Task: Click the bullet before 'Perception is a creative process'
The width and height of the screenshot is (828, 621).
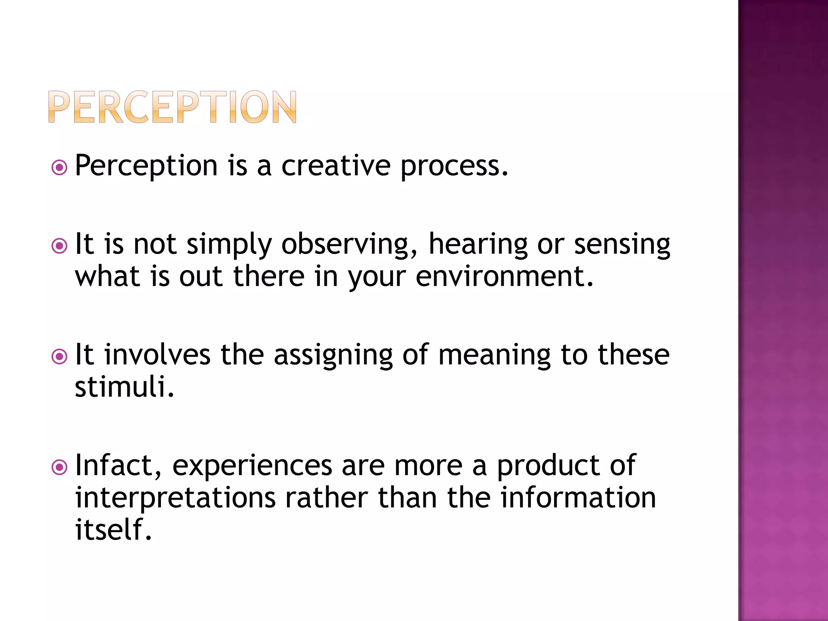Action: coord(59,167)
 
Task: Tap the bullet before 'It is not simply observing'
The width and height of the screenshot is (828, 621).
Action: coord(59,245)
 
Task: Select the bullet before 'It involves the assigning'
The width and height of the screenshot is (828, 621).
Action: coord(59,356)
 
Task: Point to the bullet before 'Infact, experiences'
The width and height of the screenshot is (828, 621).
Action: coord(59,467)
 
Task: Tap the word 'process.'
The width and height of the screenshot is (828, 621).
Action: coord(454,167)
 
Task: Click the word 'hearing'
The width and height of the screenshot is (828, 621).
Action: coord(478,245)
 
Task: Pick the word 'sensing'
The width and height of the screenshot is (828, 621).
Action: coord(622,245)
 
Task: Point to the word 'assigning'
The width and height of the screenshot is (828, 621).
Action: coord(333,356)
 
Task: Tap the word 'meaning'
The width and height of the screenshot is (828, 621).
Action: coord(494,356)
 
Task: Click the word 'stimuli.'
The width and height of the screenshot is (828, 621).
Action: coord(125,387)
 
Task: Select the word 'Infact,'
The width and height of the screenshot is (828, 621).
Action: coord(118,466)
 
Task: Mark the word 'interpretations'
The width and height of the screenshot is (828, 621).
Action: coord(175,498)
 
